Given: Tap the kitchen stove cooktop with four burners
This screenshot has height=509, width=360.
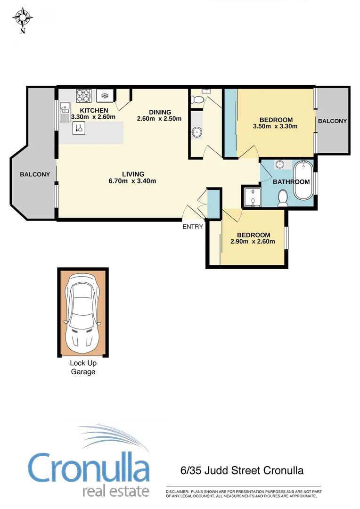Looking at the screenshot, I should [x=83, y=96].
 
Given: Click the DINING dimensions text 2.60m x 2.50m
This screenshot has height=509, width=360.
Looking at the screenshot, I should [x=159, y=118].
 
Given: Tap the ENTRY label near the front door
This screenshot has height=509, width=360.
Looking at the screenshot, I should [x=193, y=227].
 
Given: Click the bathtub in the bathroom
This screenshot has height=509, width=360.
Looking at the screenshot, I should [x=303, y=181].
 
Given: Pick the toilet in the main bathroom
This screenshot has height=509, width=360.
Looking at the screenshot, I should [x=283, y=198].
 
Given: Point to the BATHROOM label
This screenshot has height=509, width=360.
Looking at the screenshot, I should [x=291, y=181].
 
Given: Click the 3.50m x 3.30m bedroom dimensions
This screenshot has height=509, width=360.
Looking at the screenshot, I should [x=275, y=126].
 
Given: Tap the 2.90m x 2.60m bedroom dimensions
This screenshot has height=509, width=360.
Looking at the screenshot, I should [x=253, y=242].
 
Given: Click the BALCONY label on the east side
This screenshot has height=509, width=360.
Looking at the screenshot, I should [x=332, y=121].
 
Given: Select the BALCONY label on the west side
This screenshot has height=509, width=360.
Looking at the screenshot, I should [x=34, y=174].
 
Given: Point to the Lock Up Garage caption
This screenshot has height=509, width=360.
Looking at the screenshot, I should [x=83, y=367].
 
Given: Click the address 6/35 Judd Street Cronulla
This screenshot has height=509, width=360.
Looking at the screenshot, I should [x=242, y=470].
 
